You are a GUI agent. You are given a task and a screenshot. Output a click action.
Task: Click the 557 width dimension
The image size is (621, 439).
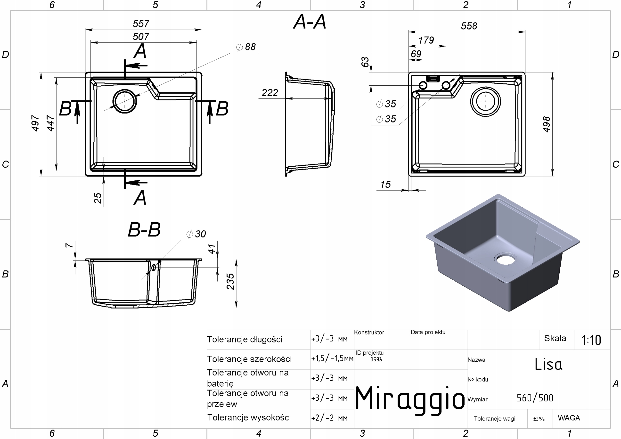(141, 24)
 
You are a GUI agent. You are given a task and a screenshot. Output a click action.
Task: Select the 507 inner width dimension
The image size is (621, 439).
(141, 37)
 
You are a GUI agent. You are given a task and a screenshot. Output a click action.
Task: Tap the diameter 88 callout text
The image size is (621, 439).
(246, 47)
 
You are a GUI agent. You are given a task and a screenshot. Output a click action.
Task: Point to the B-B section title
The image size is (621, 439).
(144, 230)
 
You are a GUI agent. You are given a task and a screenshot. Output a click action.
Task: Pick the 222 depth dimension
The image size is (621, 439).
(270, 93)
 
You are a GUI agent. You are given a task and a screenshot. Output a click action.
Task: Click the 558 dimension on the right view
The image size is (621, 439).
(469, 26)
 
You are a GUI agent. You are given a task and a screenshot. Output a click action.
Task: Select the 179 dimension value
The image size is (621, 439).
(426, 40)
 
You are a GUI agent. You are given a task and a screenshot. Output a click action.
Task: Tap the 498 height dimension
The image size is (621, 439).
(547, 124)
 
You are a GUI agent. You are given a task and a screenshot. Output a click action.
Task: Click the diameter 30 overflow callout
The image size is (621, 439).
(197, 234)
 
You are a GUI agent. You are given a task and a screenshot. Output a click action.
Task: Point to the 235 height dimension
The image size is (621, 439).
(230, 281)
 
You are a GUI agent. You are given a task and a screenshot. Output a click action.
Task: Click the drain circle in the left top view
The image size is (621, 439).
(124, 101)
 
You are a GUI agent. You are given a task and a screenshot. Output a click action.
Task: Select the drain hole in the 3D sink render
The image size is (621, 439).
(505, 259)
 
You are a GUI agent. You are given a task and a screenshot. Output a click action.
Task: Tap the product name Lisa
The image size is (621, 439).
(548, 364)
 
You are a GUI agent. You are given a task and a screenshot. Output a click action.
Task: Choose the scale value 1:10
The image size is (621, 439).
(591, 340)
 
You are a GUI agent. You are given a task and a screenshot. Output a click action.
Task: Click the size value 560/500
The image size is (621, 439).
(535, 398)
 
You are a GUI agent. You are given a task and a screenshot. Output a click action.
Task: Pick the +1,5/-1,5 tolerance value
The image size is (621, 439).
(332, 359)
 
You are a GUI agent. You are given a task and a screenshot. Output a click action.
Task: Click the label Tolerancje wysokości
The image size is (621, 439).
(249, 418)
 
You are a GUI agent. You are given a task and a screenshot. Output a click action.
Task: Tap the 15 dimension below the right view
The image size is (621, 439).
(385, 185)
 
